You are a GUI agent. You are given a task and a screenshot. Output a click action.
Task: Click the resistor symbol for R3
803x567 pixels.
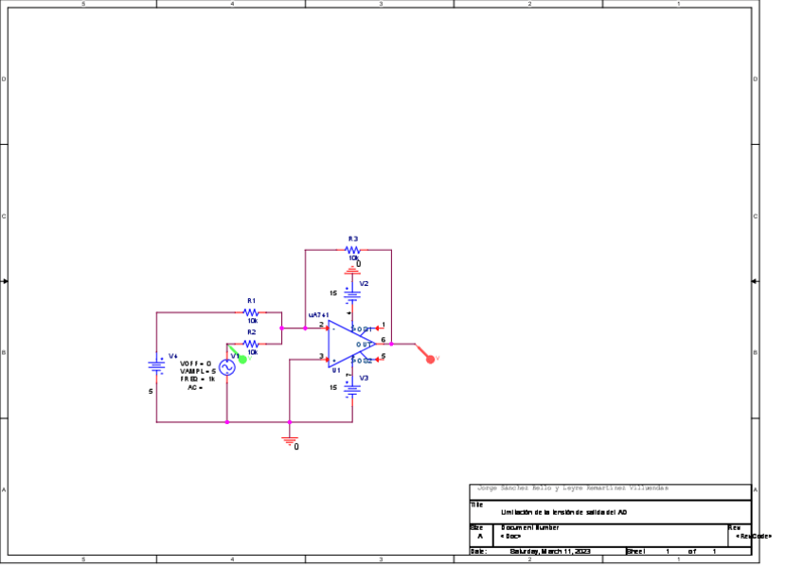(352, 250)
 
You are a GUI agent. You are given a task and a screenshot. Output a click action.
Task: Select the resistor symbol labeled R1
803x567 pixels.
(251, 311)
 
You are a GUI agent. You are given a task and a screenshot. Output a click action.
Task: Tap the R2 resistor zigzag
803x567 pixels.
(251, 343)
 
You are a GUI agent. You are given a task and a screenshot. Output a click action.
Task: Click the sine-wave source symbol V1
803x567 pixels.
(227, 367)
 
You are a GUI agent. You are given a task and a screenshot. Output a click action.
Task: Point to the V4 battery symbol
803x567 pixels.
(157, 365)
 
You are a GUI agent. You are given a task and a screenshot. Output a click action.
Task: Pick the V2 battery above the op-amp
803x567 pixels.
(352, 293)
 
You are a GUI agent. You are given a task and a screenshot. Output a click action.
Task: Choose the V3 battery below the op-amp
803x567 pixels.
(352, 386)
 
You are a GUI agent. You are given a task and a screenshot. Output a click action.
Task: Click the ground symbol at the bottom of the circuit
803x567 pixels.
(290, 439)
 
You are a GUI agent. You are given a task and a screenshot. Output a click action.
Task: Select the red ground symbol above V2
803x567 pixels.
(352, 272)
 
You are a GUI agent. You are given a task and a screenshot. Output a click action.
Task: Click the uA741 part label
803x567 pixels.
(318, 314)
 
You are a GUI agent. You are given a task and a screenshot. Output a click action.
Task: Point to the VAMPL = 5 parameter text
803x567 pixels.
(198, 371)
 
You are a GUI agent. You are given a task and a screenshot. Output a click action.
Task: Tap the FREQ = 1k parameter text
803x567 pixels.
(198, 379)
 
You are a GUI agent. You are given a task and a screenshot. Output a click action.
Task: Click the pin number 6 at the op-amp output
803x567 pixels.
(383, 338)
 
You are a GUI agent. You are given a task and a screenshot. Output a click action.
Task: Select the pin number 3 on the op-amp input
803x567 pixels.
(321, 357)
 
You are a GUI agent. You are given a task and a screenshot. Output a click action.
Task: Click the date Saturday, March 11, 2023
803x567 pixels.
(549, 551)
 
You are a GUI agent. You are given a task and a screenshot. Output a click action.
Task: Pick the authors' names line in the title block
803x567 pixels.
(573, 487)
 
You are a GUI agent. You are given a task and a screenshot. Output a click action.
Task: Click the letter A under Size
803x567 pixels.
(479, 537)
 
